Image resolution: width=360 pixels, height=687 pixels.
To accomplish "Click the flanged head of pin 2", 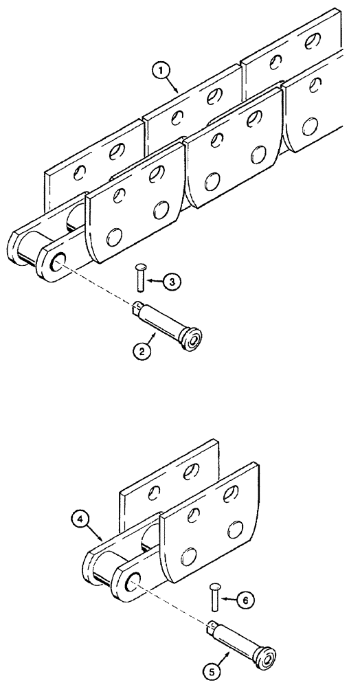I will pos(192,339).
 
